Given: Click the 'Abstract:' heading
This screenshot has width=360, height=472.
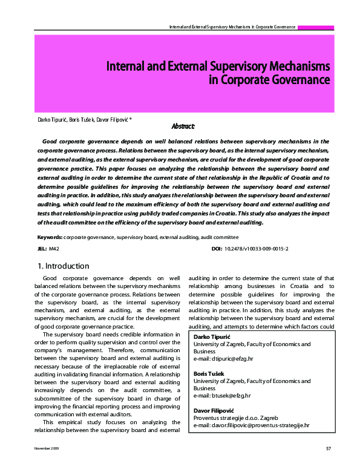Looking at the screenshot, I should pos(183,126).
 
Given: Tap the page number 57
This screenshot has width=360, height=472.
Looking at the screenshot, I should pos(329,464).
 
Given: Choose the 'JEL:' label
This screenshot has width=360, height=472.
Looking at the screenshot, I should pos(42,249).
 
